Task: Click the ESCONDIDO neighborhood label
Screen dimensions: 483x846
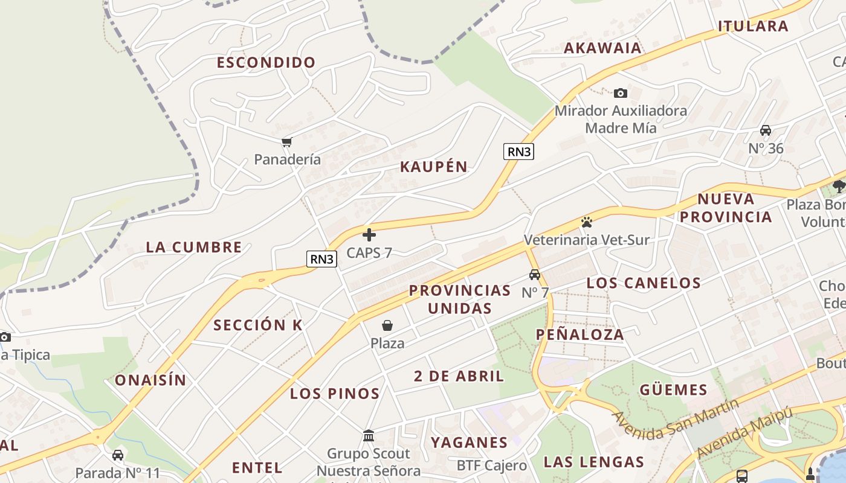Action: click(x=266, y=62)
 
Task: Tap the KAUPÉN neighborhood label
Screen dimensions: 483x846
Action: click(x=434, y=167)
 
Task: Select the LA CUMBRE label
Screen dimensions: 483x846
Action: click(x=194, y=247)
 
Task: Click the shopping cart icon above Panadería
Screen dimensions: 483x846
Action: click(x=286, y=142)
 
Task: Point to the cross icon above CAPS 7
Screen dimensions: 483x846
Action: click(x=369, y=235)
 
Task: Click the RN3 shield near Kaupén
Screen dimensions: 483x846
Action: click(x=519, y=152)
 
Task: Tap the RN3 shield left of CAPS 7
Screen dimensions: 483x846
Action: click(x=321, y=259)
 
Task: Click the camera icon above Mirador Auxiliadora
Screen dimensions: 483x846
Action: click(x=621, y=93)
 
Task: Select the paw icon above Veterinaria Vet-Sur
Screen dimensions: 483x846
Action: click(x=586, y=222)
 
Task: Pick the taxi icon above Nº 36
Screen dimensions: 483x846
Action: click(x=766, y=130)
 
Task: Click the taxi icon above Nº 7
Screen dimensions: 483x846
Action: click(x=535, y=275)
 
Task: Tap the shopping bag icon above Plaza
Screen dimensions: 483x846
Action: click(x=387, y=326)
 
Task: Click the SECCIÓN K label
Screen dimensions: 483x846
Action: click(x=258, y=325)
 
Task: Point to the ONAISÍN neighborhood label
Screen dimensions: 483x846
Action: click(x=150, y=380)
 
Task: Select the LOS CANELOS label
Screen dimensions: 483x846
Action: click(x=644, y=283)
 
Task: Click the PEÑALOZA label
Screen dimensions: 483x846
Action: click(x=580, y=334)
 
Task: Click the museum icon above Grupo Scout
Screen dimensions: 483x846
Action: click(x=369, y=435)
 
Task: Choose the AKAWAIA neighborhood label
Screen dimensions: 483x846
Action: click(x=602, y=48)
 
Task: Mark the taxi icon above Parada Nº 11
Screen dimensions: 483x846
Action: click(x=118, y=455)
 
